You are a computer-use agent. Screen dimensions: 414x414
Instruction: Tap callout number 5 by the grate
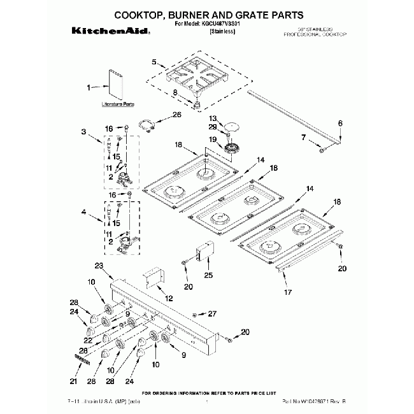tap(153, 62)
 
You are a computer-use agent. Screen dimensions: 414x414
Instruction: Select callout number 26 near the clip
tap(177, 115)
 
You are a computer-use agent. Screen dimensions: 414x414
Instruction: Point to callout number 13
tap(213, 118)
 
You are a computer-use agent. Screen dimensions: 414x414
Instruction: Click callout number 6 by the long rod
tap(340, 122)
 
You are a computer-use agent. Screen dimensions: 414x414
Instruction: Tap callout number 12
tap(169, 298)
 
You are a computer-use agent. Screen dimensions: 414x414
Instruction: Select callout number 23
tap(99, 266)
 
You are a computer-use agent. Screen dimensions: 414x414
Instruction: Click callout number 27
tap(213, 313)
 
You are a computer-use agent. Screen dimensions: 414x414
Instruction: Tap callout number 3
tap(83, 132)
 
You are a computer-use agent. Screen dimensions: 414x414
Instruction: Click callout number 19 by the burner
tap(213, 139)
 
